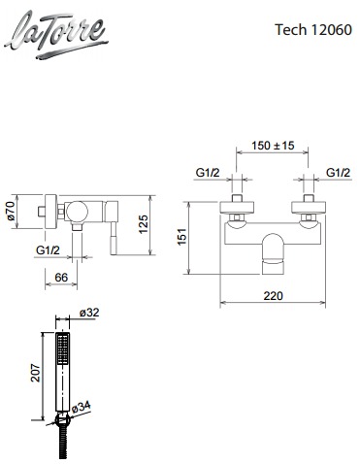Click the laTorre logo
56,35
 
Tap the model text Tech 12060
313,30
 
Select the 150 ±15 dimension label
273,146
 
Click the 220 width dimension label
273,296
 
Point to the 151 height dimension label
182,237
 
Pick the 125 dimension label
143,224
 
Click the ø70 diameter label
10,211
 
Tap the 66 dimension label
61,278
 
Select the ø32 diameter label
89,313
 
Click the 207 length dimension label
36,373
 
